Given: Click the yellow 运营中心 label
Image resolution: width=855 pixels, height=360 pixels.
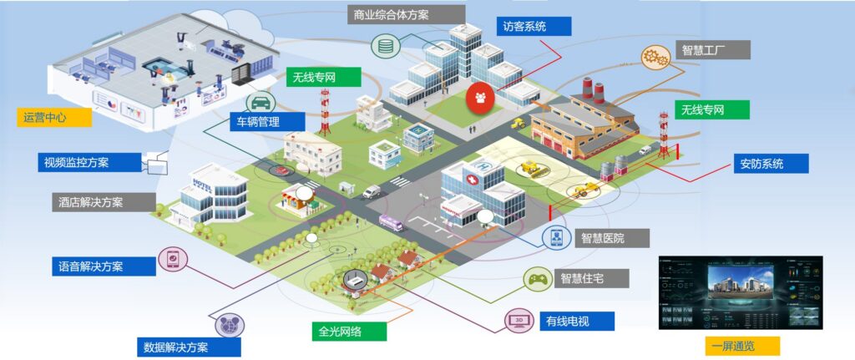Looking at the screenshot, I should click(x=53, y=117).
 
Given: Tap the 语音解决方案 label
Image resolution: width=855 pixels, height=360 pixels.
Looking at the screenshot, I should click(x=102, y=266).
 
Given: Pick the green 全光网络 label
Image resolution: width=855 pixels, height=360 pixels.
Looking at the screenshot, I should click(x=350, y=331).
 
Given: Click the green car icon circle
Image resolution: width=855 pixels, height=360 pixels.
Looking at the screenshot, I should click(x=261, y=103).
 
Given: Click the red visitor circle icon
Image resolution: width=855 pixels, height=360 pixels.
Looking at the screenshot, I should click(x=480, y=96).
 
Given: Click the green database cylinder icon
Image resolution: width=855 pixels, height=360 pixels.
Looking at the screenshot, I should click(x=385, y=46).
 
